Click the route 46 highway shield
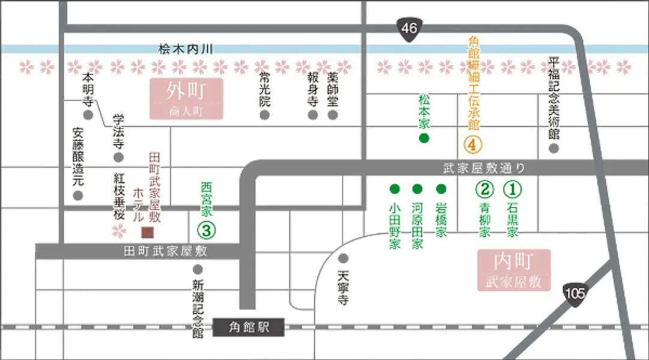click(409, 29)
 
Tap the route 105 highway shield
click(575, 294)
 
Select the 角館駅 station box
click(248, 328)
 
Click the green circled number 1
click(513, 189)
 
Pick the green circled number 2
click(485, 189)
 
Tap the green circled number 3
click(207, 230)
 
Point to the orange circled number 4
click(473, 144)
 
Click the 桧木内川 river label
click(186, 49)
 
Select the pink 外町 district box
click(186, 99)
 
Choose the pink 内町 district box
click(514, 270)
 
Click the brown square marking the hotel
click(148, 233)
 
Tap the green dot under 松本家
click(424, 138)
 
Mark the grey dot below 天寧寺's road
click(343, 258)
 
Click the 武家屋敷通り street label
click(484, 168)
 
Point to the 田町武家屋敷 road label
click(165, 251)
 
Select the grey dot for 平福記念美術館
click(554, 148)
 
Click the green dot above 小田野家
click(395, 189)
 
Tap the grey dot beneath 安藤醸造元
click(78, 196)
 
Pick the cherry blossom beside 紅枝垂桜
click(119, 231)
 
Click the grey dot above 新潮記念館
click(198, 269)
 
